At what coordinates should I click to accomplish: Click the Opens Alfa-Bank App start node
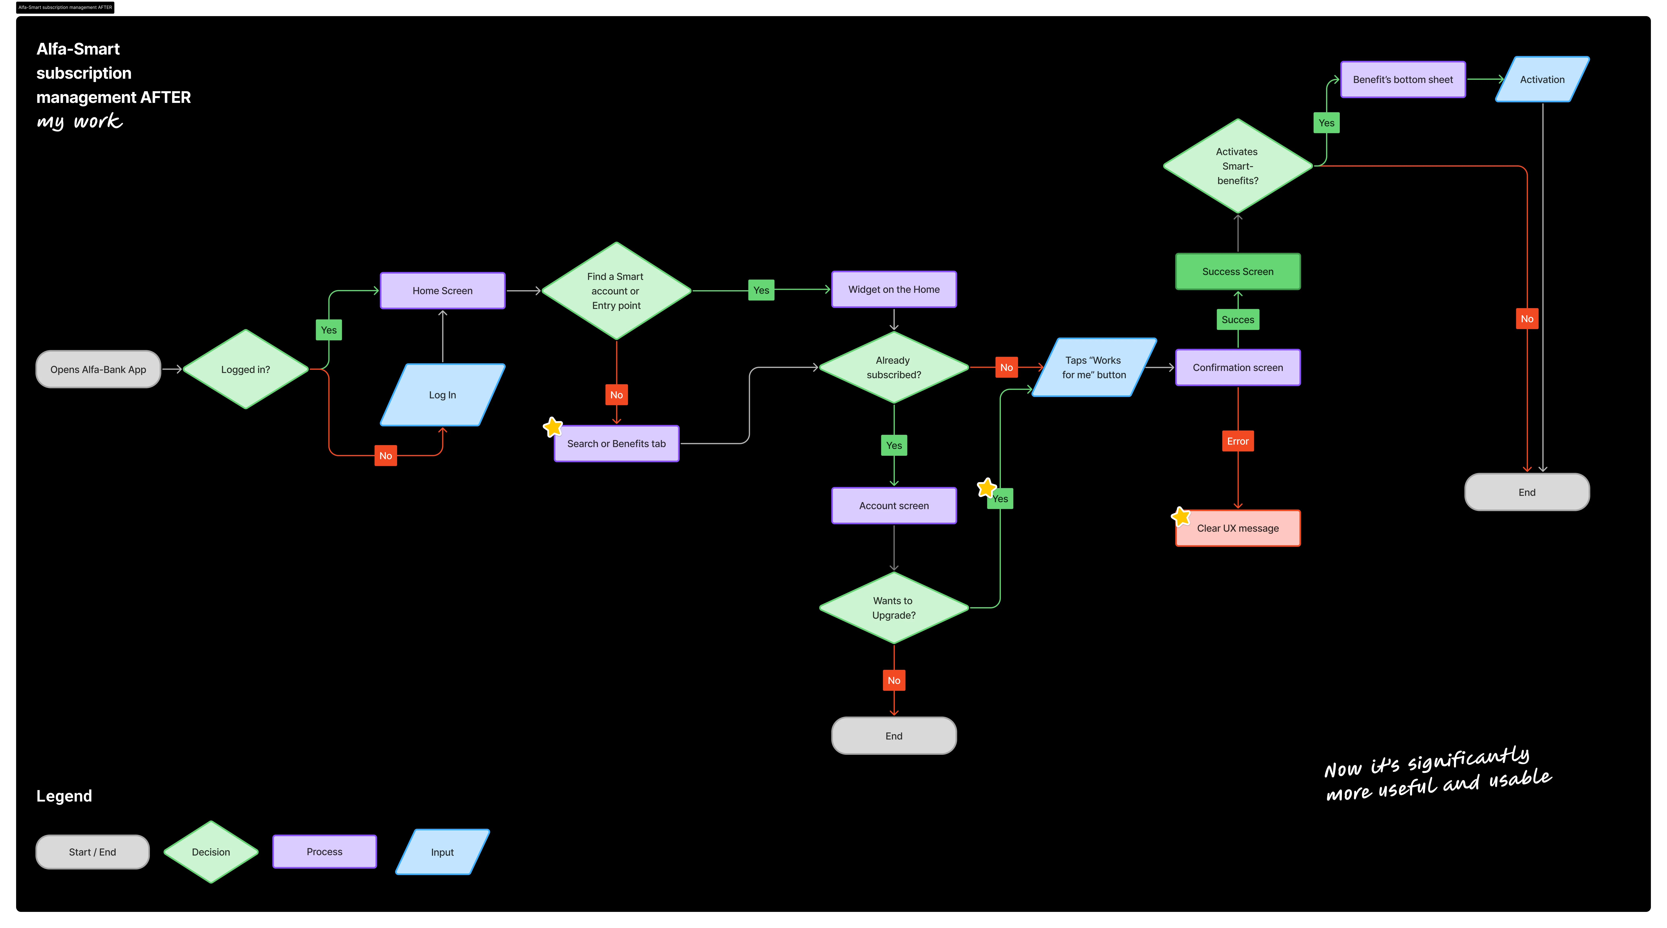pos(98,370)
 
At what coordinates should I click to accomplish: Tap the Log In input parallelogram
pos(443,395)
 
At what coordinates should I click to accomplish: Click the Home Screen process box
pos(443,291)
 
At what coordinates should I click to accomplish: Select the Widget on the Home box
pos(894,289)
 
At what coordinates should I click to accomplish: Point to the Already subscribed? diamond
pos(894,368)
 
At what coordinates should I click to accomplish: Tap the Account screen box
pos(894,505)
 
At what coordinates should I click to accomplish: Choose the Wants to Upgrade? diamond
pos(894,608)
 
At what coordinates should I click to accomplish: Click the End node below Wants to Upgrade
pos(894,736)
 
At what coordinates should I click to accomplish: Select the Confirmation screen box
pos(1237,368)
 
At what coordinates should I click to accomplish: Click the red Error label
pos(1237,441)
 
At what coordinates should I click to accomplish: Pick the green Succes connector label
pos(1237,320)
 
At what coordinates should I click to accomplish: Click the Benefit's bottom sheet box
pos(1402,80)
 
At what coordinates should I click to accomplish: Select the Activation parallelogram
pos(1542,80)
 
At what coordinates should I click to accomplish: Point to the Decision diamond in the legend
pos(211,852)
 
